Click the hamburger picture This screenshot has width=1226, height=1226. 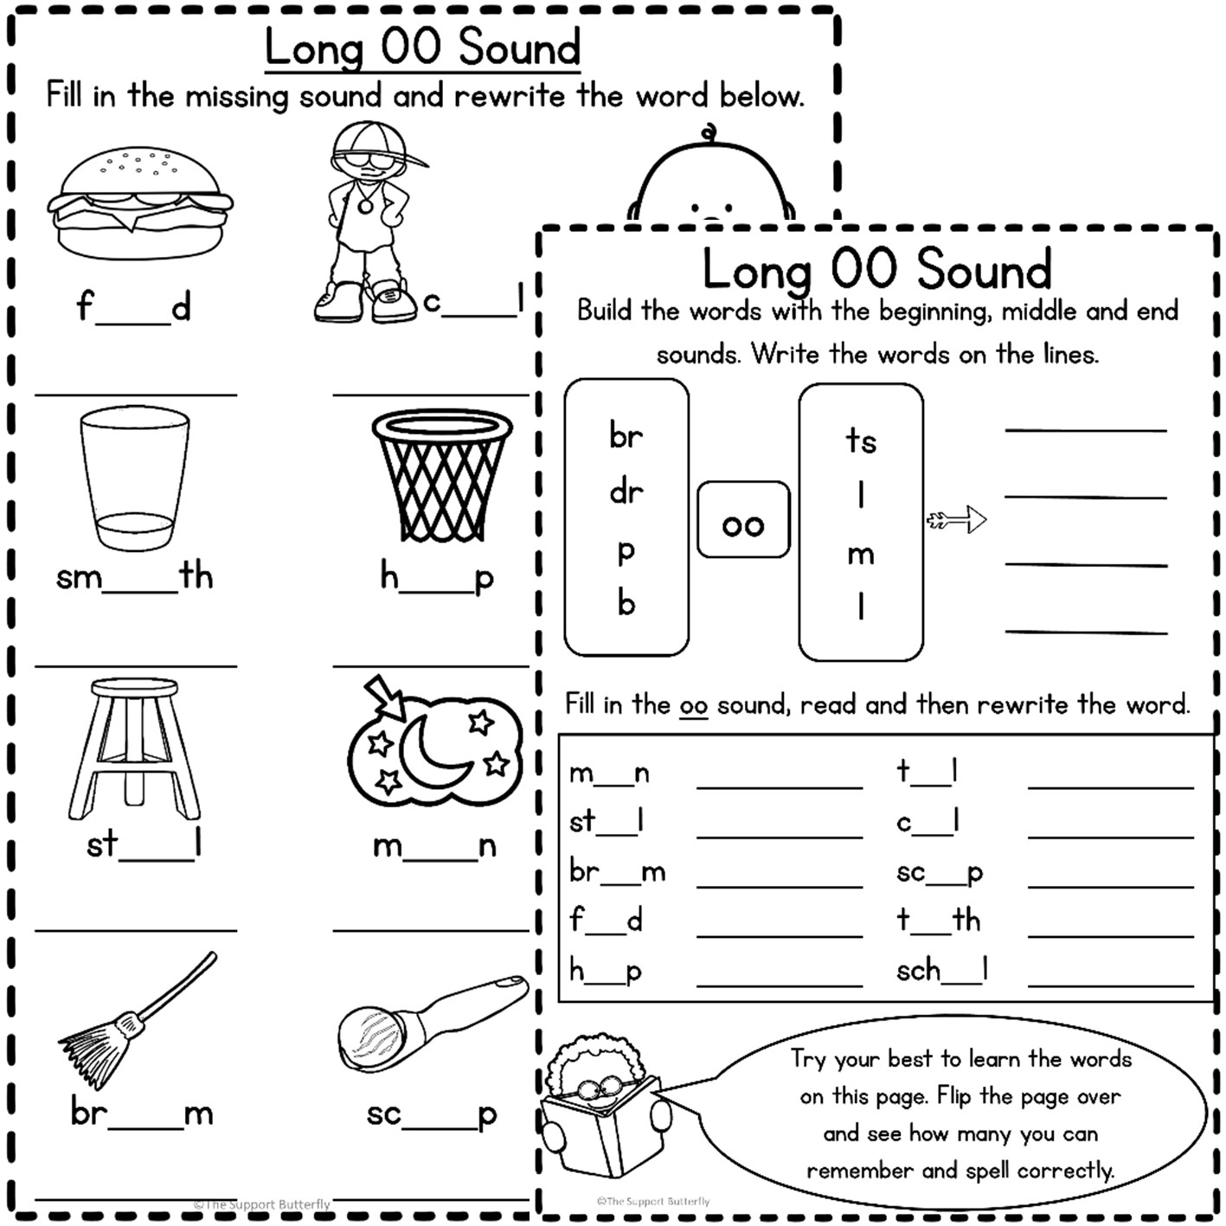coord(140,203)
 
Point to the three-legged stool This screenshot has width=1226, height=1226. coord(134,748)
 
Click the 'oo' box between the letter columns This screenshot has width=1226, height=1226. coord(743,521)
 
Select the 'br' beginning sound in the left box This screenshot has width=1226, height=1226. coord(626,435)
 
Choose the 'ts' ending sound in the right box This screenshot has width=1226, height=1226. coord(860,440)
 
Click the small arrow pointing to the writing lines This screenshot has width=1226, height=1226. coord(957,520)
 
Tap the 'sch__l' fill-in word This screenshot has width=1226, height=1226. coord(941,971)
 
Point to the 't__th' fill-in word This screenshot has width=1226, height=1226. coord(938,920)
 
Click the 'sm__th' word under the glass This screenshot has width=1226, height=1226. coord(134,576)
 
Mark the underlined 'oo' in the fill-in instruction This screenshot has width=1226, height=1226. coord(693,706)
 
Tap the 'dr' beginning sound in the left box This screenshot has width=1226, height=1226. coord(626,492)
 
